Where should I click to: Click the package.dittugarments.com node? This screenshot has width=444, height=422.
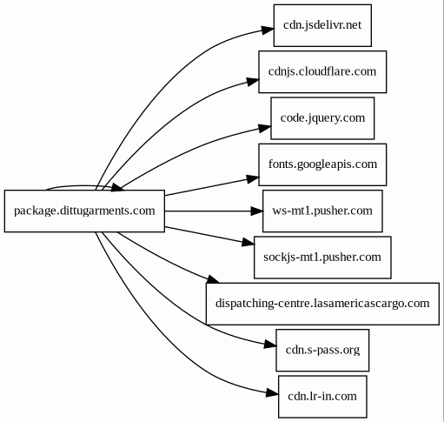coord(84,211)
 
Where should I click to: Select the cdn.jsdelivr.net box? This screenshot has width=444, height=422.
coord(322,25)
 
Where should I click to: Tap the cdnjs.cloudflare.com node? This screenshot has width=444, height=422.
coord(322,71)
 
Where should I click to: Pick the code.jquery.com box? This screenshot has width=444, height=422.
coord(322,118)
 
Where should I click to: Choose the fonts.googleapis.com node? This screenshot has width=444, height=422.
coord(322,164)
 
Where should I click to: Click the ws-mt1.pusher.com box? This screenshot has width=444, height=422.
coord(322,211)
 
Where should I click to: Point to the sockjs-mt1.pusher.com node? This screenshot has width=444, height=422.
coord(322,258)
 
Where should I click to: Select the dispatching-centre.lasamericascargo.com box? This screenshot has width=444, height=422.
coord(322,304)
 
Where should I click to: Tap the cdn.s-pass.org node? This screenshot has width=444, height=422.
coord(322,350)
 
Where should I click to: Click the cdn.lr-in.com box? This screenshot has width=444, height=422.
coord(322,397)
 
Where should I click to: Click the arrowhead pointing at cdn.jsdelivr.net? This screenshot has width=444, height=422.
coord(267,30)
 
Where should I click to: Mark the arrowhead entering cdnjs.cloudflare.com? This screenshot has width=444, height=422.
coord(253,82)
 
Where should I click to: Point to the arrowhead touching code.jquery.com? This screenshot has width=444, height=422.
coord(264,128)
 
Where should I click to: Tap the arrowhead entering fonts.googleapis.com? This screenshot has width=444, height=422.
coord(253,179)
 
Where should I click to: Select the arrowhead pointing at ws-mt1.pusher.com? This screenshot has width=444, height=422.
coord(256,211)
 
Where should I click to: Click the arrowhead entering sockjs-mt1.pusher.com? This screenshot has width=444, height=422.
coord(249,243)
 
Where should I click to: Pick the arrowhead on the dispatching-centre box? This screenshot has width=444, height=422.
coord(213,279)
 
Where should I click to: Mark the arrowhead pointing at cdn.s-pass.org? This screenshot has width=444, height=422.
coord(270,345)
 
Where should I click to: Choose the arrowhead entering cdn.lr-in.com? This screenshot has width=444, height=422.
coord(272,393)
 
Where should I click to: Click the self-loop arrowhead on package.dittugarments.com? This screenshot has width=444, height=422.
coord(117,188)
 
